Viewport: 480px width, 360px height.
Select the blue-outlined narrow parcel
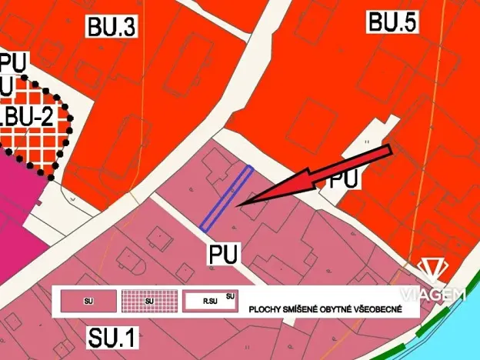click(226, 198)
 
